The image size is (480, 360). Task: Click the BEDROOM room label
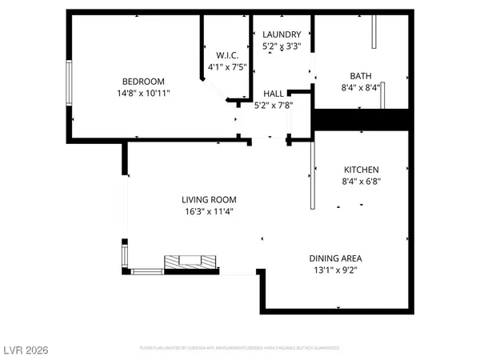coord(143,81)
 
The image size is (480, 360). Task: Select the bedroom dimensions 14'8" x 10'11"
coord(143,93)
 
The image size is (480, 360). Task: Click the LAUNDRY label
coord(282,34)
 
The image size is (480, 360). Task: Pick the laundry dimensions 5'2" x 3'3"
coord(282,47)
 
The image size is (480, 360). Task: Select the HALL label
coord(274,93)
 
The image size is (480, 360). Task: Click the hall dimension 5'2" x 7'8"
coord(274,105)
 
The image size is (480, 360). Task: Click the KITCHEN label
coord(362,169)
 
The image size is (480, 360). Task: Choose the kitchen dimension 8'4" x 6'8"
coord(362,182)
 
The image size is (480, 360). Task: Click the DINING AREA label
coord(336,258)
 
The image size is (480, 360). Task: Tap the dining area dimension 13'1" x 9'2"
coord(336,270)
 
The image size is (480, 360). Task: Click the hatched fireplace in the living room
coord(190,262)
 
